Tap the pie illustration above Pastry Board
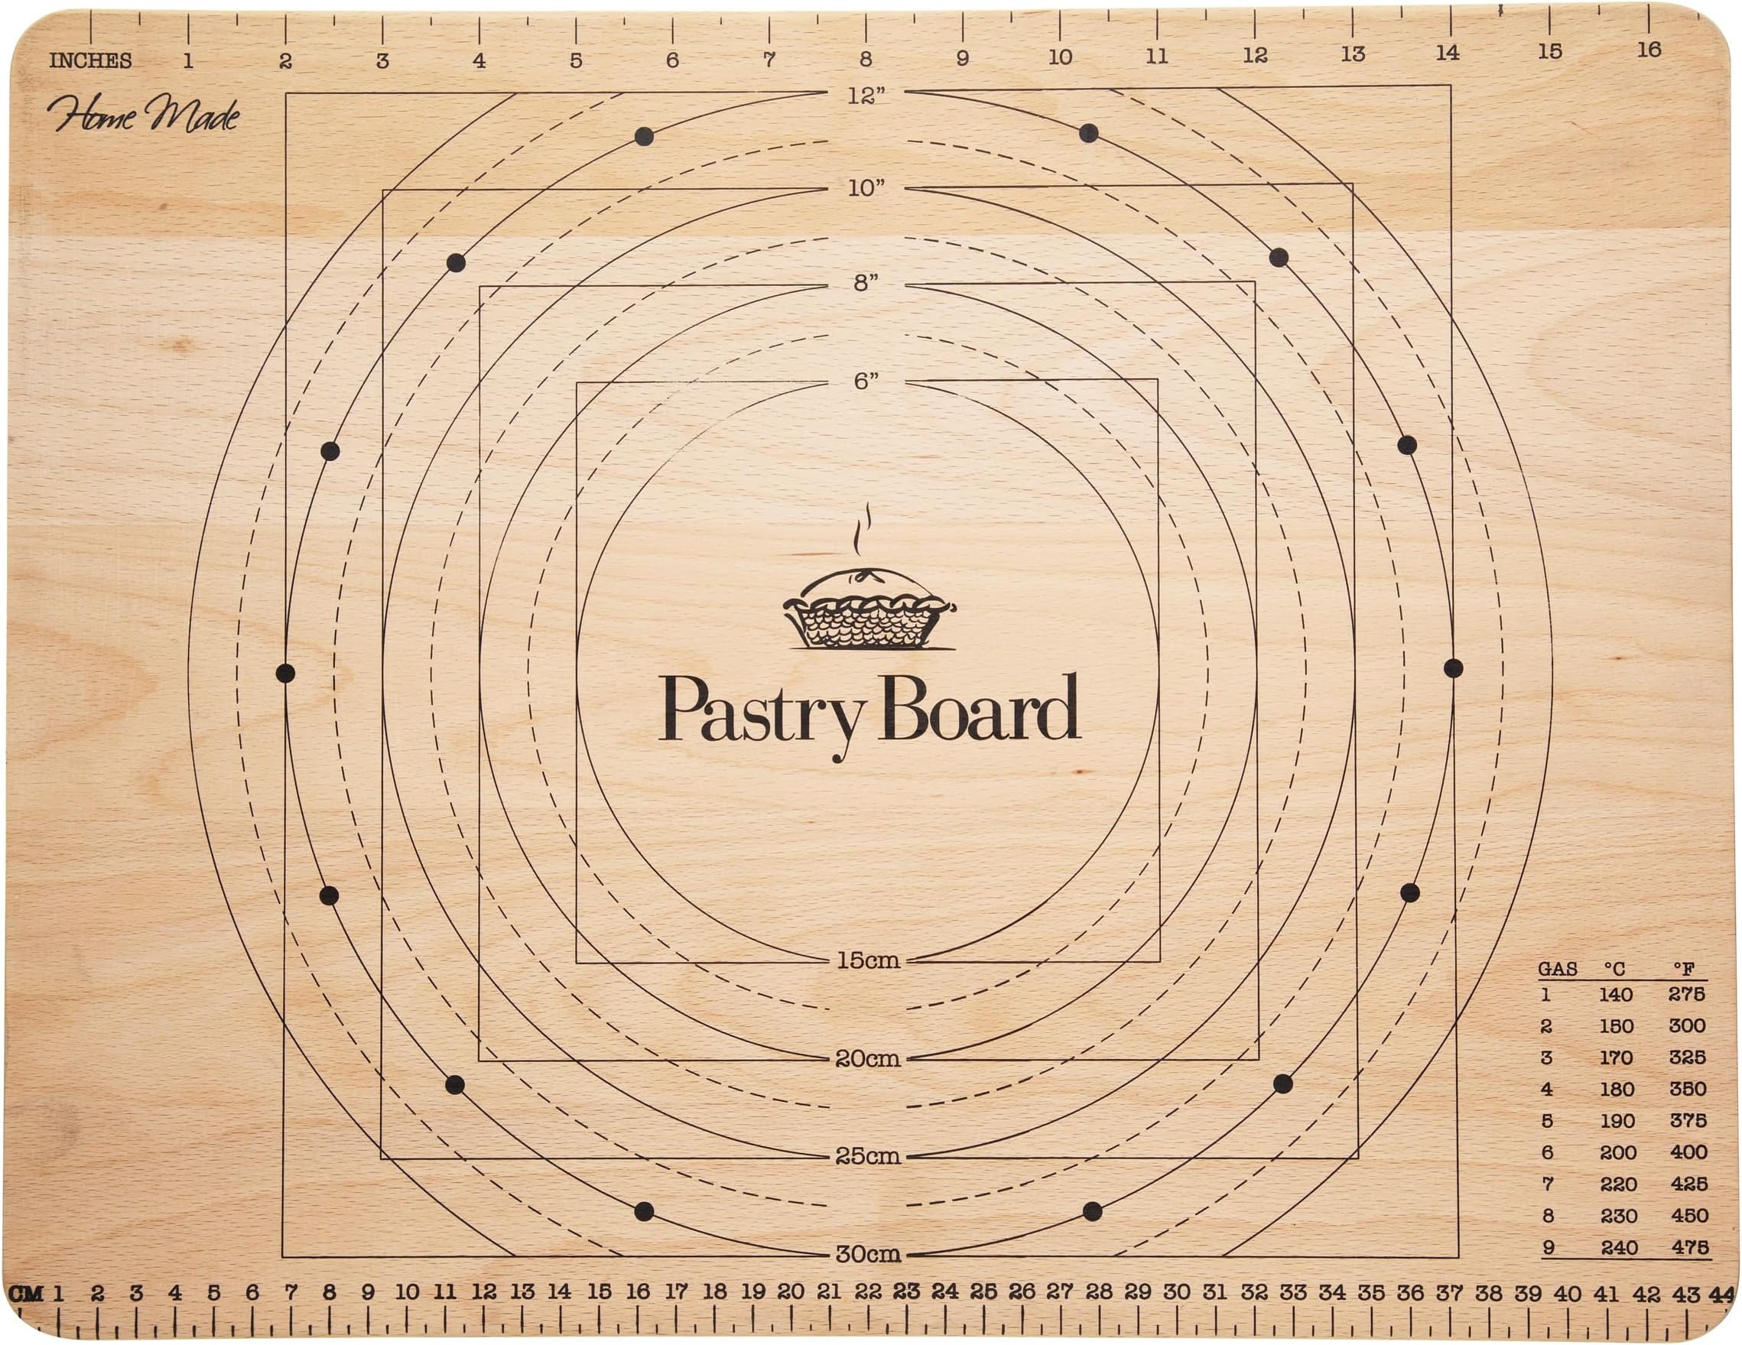coord(869,610)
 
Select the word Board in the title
coord(983,707)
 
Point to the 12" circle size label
coord(866,96)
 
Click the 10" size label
coord(866,189)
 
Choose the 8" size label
coord(866,283)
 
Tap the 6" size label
coord(866,382)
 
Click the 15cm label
coord(868,960)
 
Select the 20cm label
coord(868,1058)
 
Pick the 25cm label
coord(868,1156)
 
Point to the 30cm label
coord(868,1254)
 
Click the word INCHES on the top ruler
coord(90,60)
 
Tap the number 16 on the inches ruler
coord(1649,50)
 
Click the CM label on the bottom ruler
coord(26,1293)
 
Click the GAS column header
coord(1557,970)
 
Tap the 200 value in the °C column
coord(1617,1152)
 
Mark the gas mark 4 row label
coord(1546,1089)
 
